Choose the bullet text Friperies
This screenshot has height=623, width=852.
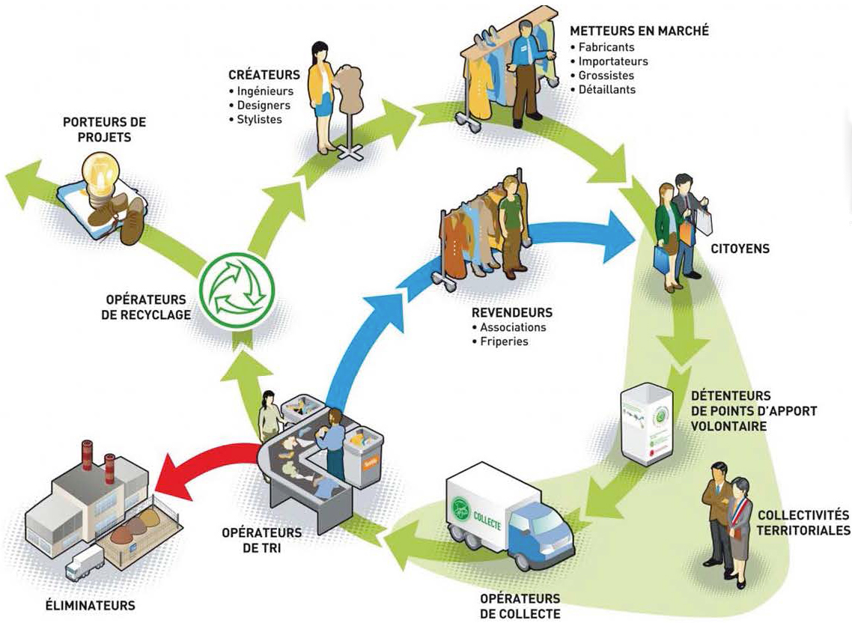504,341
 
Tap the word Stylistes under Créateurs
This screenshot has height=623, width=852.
259,119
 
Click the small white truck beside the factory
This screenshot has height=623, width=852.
84,561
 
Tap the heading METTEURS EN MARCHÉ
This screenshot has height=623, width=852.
639,31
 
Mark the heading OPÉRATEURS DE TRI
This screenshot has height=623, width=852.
261,540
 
